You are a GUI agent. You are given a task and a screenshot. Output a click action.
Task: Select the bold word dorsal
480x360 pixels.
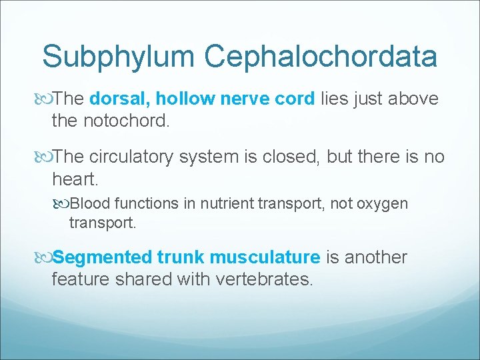click(x=119, y=99)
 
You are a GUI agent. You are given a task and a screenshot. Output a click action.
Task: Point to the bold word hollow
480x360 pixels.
click(x=183, y=99)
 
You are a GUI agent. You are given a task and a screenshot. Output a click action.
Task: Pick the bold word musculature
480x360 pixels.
click(x=265, y=257)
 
